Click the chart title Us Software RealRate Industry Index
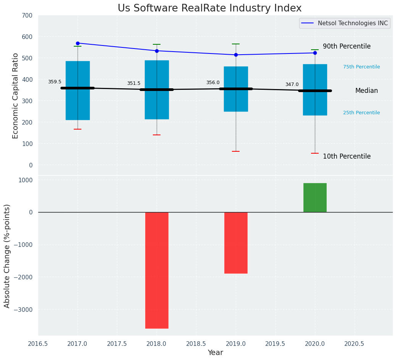tap(209, 8)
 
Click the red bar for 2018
tap(157, 270)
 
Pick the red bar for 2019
tap(236, 243)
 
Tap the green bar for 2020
tap(315, 198)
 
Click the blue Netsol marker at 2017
tap(78, 43)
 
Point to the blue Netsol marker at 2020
tap(315, 53)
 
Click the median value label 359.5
tap(55, 82)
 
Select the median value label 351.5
tap(134, 83)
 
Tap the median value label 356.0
tap(213, 83)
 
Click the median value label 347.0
tap(292, 84)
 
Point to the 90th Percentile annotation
tap(347, 46)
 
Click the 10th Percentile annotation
tap(347, 156)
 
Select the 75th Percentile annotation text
tap(361, 67)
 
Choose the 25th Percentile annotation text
tap(361, 113)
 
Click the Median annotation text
tap(366, 91)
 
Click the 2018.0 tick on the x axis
tap(157, 344)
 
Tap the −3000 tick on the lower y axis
tap(23, 310)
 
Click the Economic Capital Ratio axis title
tap(16, 96)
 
